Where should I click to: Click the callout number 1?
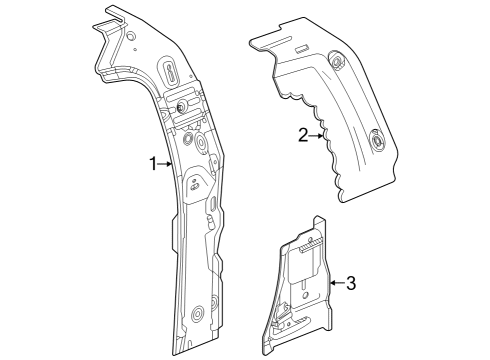click(154, 164)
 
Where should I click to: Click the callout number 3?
click(350, 283)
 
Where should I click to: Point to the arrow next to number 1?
click(170, 164)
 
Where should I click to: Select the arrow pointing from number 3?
click(334, 283)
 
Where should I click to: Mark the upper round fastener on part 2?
click(337, 63)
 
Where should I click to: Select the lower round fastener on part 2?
click(378, 142)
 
